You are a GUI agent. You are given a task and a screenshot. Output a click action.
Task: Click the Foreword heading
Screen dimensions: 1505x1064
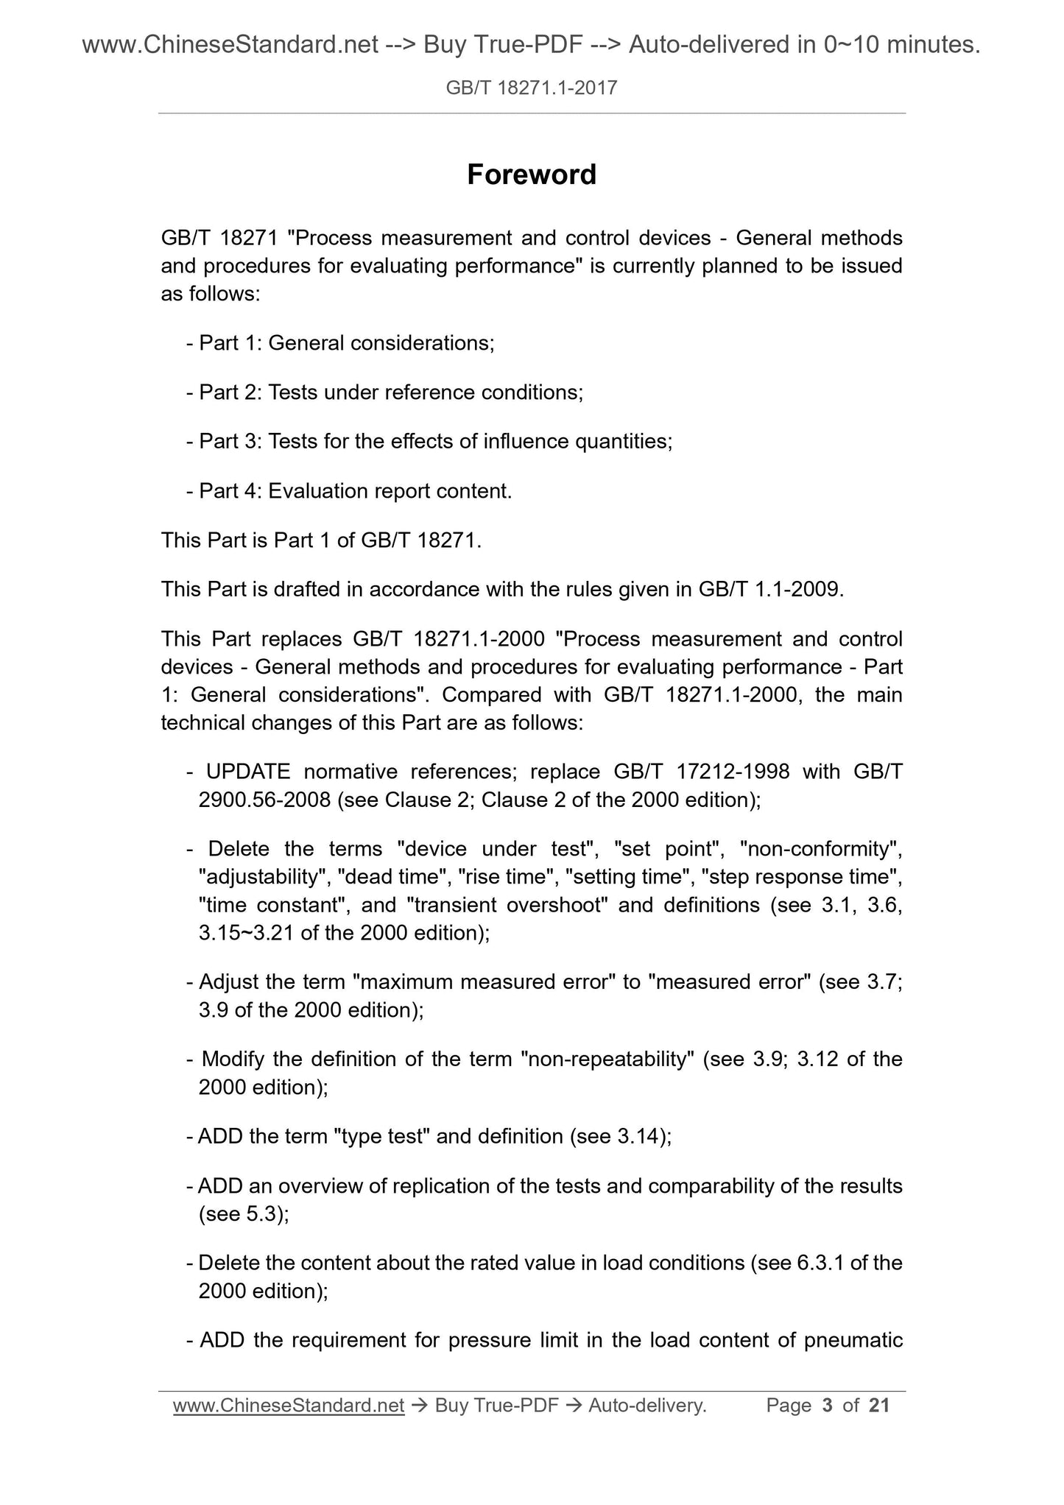[x=532, y=175]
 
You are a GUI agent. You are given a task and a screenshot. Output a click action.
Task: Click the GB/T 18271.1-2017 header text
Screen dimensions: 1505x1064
[x=532, y=88]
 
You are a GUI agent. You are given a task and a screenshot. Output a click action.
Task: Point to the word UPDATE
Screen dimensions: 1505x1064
[x=248, y=772]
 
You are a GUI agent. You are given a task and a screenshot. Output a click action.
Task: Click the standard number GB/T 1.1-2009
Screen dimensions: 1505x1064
[x=768, y=590]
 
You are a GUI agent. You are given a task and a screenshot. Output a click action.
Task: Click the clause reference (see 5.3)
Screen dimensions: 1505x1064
[x=244, y=1214]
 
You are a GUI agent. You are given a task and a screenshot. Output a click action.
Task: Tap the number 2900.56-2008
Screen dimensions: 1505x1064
[x=264, y=800]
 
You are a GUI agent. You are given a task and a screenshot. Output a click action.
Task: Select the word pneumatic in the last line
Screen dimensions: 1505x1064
[x=853, y=1340]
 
